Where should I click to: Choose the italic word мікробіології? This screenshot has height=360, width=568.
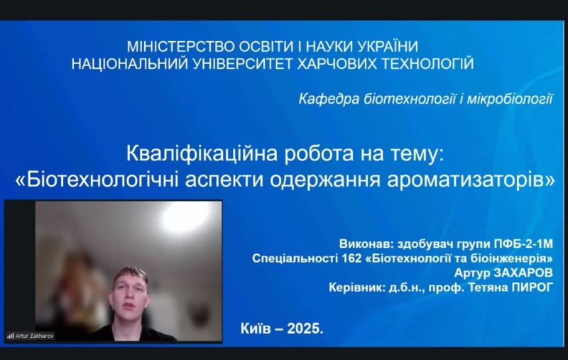point(511,99)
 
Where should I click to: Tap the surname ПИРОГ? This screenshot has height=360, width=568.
point(533,288)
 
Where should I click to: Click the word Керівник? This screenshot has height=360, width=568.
point(360,288)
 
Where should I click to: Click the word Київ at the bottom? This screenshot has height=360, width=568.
point(257,328)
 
